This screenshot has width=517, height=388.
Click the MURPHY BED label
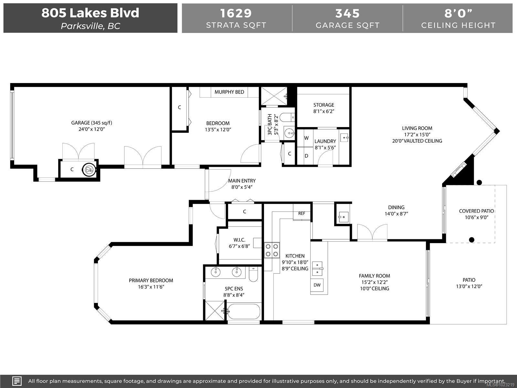(x=229, y=92)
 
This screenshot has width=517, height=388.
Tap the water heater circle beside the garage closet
(x=89, y=169)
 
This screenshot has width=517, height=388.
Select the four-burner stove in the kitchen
(x=272, y=250)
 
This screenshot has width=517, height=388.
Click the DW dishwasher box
(x=317, y=285)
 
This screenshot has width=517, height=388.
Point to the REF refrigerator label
(x=301, y=213)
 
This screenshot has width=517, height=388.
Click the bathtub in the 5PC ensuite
(x=244, y=311)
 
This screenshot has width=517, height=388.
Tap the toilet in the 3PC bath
(x=287, y=117)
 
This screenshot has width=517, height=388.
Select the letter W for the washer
(x=306, y=138)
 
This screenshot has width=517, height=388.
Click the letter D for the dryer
(x=306, y=156)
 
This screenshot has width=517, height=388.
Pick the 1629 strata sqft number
(x=236, y=13)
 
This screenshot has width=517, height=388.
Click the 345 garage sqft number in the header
(x=347, y=13)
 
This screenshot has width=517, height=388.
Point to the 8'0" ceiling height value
(x=458, y=13)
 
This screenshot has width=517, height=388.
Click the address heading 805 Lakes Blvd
(x=90, y=13)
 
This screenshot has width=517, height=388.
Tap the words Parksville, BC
(x=90, y=26)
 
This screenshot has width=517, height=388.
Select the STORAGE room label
(x=324, y=105)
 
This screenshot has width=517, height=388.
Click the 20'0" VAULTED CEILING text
(x=417, y=141)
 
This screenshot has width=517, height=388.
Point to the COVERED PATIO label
(x=476, y=211)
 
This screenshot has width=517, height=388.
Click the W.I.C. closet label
(x=239, y=240)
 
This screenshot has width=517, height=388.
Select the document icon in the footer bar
(x=17, y=381)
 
